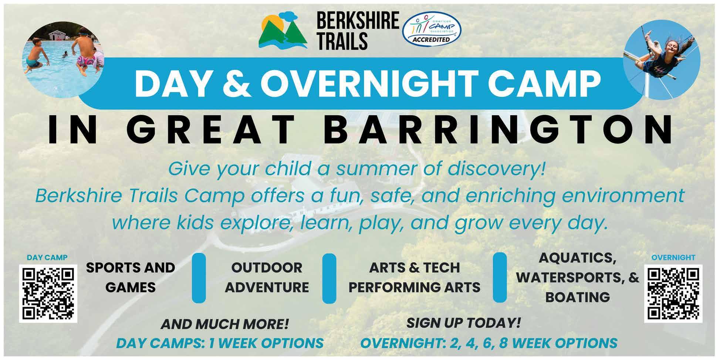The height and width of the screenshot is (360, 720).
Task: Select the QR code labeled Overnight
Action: (673, 293)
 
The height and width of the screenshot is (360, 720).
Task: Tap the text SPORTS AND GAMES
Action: (130, 277)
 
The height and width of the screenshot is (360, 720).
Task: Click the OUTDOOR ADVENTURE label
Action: (267, 277)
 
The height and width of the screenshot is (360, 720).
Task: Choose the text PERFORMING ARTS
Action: (414, 287)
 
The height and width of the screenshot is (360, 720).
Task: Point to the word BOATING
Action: (577, 297)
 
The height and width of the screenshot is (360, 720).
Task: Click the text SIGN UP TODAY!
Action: (463, 323)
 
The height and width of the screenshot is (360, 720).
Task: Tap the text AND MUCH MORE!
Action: (224, 325)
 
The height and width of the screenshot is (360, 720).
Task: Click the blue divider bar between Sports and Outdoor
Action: (199, 278)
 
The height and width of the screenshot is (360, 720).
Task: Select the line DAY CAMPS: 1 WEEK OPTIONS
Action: (220, 343)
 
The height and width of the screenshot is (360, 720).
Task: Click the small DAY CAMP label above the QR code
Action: (47, 258)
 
